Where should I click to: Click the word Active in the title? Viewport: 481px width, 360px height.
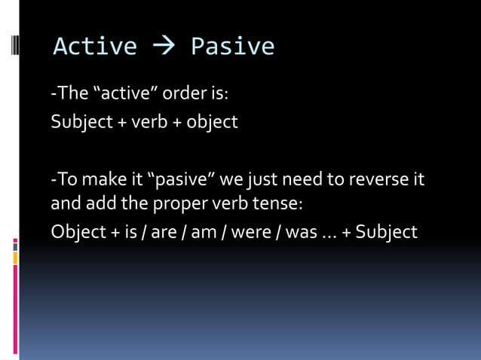[x=95, y=47]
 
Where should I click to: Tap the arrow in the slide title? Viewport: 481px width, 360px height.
[x=164, y=47]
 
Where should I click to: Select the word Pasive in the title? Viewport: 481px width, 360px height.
[x=232, y=47]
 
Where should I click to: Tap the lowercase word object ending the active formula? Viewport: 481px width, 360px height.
[x=213, y=121]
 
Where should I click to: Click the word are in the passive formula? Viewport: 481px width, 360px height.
[x=164, y=231]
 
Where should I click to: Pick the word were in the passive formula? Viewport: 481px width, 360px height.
[x=246, y=231]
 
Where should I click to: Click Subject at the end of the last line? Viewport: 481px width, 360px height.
[x=386, y=231]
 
